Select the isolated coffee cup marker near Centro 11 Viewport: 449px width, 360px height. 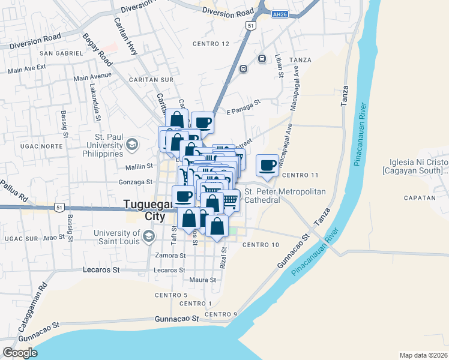(x=267, y=165)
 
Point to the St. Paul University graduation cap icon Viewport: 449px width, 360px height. (x=131, y=144)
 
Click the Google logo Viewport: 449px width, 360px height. (x=20, y=353)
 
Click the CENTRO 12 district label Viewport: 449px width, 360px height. (x=211, y=44)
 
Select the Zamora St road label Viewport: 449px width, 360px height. (x=170, y=256)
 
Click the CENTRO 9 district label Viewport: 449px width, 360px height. (x=221, y=314)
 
